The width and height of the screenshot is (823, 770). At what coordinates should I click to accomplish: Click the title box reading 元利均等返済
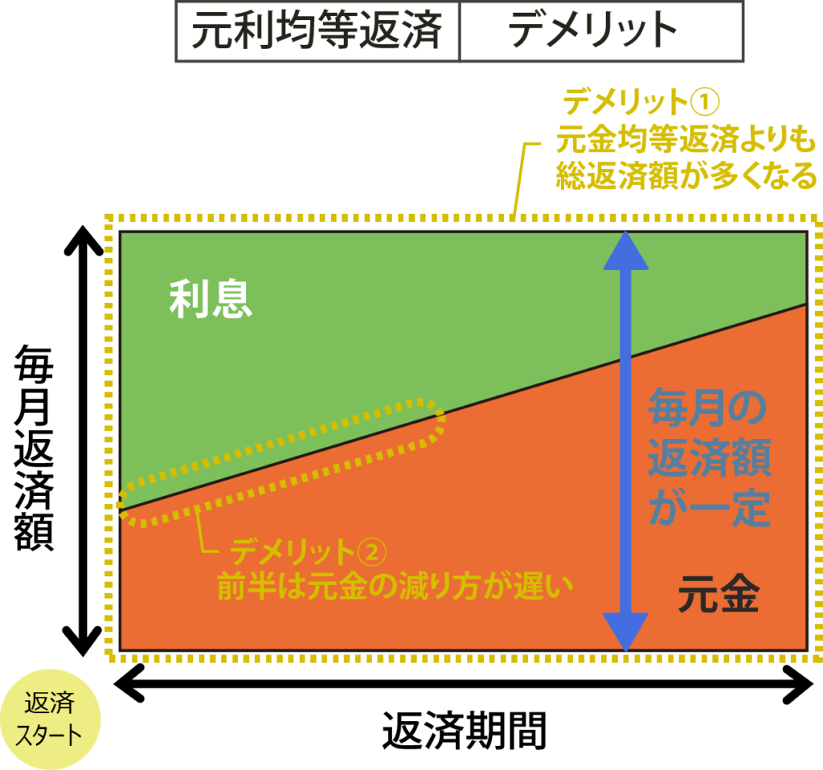317,31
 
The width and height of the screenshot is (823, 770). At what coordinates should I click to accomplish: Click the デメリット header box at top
600,31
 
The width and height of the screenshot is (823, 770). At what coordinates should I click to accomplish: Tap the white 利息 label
211,301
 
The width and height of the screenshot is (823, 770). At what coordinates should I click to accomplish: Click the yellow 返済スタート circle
50,719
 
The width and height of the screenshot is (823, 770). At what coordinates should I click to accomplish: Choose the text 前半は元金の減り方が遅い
395,588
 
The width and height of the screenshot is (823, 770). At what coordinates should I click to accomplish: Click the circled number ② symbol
371,553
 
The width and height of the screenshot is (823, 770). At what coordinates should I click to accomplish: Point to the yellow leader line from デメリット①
518,181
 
